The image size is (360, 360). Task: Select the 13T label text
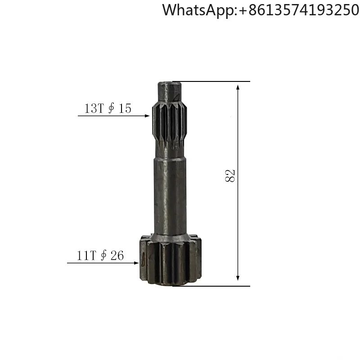pos(94,108)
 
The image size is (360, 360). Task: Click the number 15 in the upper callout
pos(125,108)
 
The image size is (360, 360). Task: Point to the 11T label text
pos(86,256)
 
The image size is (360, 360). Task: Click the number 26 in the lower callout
pos(117,256)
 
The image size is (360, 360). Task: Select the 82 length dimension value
pos(230,176)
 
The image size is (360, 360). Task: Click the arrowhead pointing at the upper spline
pos(147,116)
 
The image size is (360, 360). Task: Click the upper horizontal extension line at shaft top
pos(211,81)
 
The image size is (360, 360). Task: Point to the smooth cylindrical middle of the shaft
pos(171,193)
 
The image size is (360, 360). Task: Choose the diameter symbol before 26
pos(103,256)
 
